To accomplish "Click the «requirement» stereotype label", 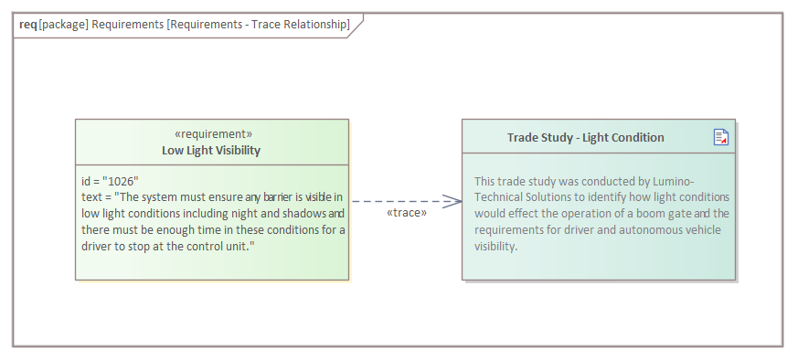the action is pos(213,134).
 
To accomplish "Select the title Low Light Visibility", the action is pos(211,151).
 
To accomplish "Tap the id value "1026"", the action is pos(121,182).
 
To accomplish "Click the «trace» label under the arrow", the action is pos(407,213).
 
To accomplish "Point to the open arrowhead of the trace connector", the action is pos(452,201).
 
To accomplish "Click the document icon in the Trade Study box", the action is pos(721,137).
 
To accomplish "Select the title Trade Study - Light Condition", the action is pos(585,137).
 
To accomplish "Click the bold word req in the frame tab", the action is pos(28,25).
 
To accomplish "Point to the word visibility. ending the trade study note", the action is pos(495,246).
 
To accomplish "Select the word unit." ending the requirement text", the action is pos(241,246).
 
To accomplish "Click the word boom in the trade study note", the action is pos(648,214).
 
